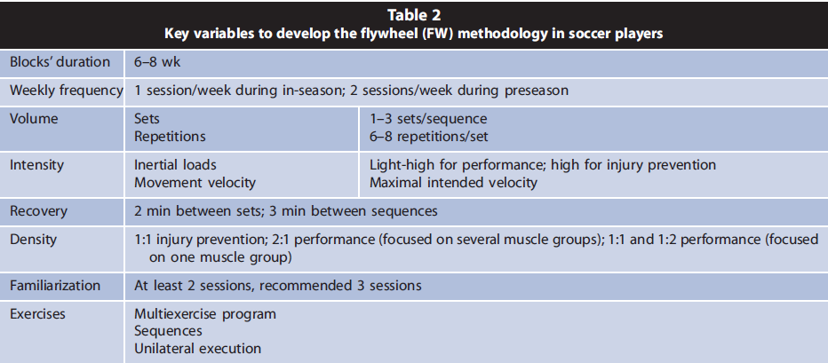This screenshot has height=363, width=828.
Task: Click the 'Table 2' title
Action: [414, 15]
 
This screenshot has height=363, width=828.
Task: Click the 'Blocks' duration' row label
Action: [60, 62]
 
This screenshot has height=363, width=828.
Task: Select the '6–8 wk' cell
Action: [157, 62]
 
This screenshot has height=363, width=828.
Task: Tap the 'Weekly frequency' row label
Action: [66, 91]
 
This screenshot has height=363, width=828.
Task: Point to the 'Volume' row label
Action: [34, 119]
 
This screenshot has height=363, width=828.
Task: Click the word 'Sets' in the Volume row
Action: [147, 119]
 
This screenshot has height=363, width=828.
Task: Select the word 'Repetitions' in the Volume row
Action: [170, 137]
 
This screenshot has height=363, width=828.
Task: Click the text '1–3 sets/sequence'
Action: [427, 119]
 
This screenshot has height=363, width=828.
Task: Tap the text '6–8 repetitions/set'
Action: [428, 137]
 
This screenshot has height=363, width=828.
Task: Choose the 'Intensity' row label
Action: [37, 165]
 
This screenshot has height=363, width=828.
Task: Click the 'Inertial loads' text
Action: [175, 165]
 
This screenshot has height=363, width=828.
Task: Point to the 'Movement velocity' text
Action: [195, 183]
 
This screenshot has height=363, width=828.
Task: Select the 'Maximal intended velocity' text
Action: [453, 183]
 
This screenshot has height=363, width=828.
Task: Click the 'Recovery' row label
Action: [38, 211]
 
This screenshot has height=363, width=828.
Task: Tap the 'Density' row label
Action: [33, 240]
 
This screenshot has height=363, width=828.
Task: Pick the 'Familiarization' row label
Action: [55, 286]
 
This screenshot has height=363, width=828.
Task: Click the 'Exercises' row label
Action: [37, 314]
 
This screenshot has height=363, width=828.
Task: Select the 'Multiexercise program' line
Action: [205, 314]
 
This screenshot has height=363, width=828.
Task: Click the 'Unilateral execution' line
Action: [197, 349]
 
